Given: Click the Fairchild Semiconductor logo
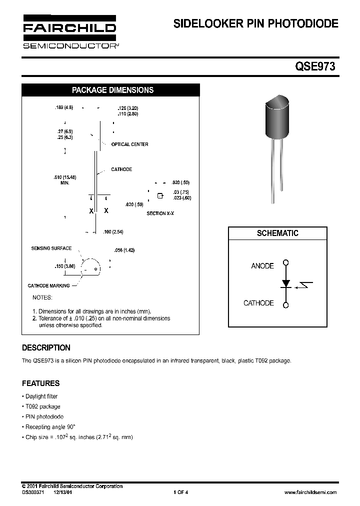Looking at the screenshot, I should [x=69, y=32].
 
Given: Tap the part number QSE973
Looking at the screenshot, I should [x=318, y=66].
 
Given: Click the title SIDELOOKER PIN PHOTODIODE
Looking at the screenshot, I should [x=255, y=23].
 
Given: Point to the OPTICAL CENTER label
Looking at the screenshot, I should [x=129, y=144].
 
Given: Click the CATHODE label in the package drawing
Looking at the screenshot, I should [x=121, y=169].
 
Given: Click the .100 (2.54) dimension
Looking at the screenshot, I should [x=113, y=232].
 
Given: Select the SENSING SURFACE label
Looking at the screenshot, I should [x=51, y=248].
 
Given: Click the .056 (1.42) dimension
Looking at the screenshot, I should [x=124, y=250].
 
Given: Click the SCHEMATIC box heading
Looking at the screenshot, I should [x=277, y=233].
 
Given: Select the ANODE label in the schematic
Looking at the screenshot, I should [x=262, y=266].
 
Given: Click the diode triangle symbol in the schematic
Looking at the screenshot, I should [x=286, y=283].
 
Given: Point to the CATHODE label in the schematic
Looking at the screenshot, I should [x=258, y=303].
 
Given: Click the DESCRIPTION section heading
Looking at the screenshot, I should [x=46, y=348].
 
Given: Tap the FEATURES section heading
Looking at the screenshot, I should [x=40, y=383].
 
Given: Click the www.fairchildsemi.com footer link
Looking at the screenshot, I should [x=310, y=492].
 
